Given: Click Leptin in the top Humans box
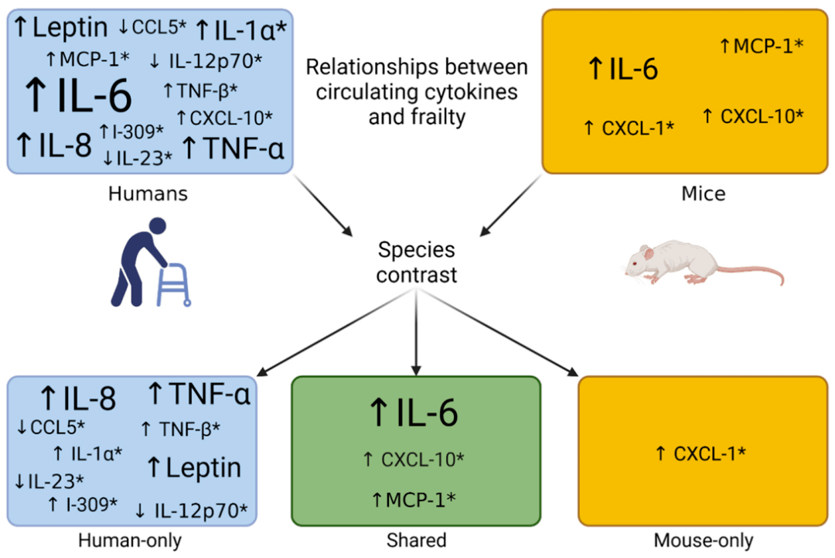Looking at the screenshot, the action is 70,27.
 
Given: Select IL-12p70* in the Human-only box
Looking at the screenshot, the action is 201,511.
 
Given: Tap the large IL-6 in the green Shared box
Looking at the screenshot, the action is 427,413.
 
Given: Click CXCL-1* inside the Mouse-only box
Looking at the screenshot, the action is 709,454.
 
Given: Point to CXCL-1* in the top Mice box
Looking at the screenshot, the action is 638,128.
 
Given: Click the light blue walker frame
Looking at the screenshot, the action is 174,284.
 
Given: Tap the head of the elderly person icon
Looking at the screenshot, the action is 158,226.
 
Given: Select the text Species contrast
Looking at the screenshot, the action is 417,262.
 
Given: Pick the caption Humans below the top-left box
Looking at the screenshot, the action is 148,193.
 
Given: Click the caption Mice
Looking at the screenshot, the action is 704,193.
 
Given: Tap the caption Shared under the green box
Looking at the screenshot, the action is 417,540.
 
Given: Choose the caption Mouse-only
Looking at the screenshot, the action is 704,540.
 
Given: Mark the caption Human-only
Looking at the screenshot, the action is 130,540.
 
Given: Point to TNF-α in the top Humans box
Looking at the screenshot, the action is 244,148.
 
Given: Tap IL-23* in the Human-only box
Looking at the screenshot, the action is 56,481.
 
